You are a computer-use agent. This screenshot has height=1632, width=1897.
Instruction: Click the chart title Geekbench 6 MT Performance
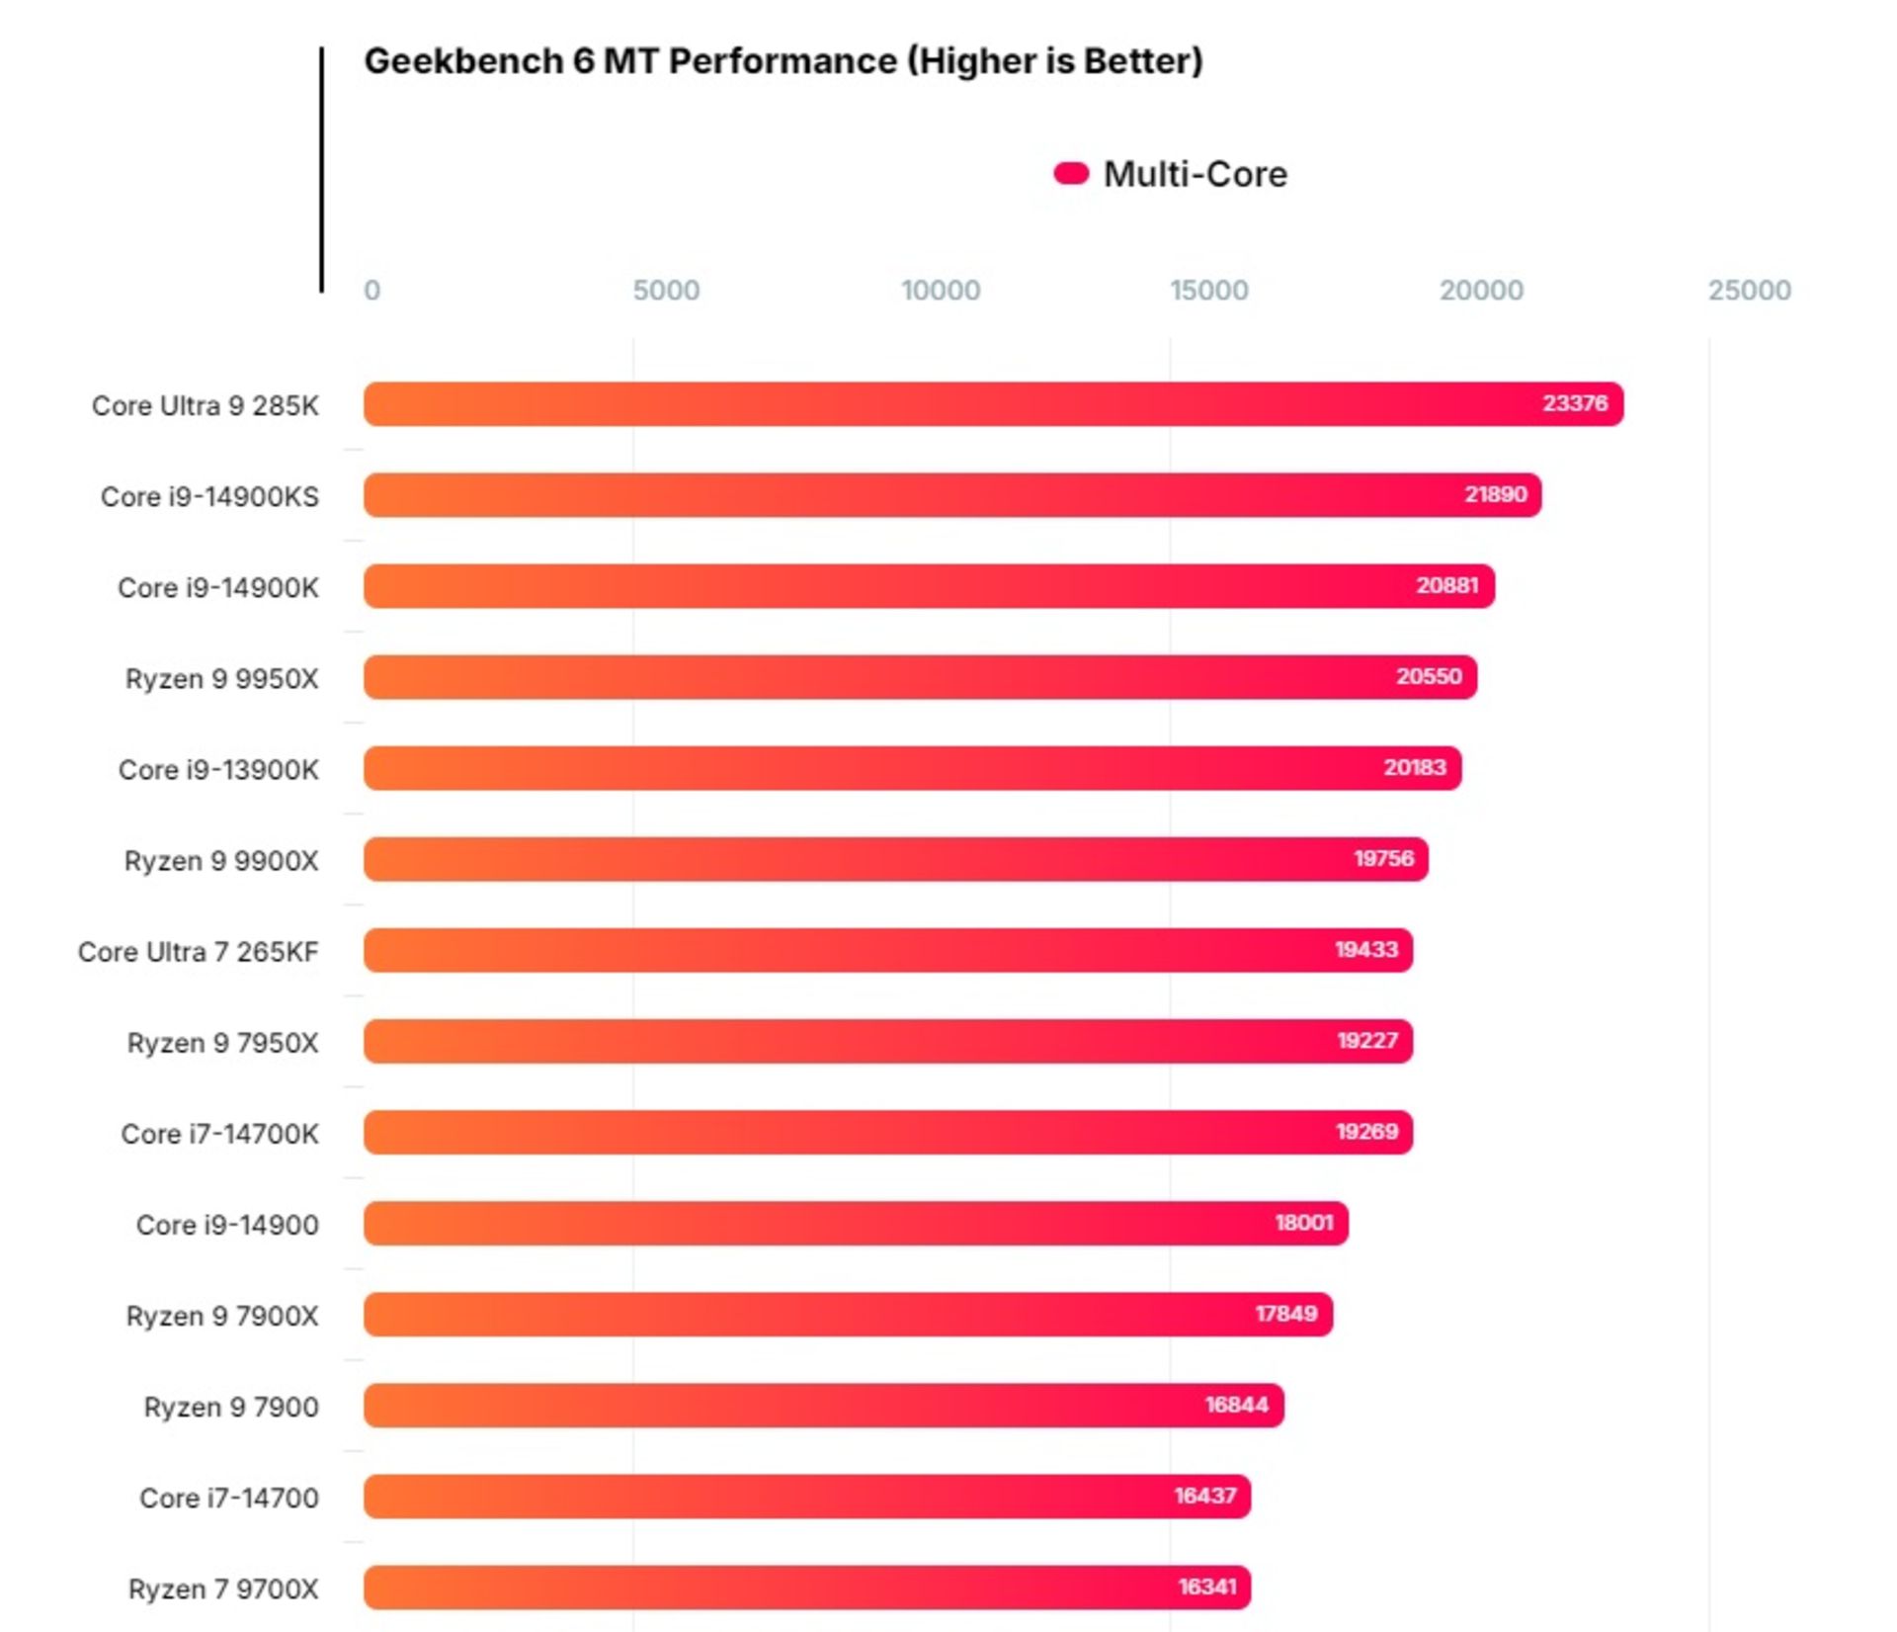[x=783, y=61]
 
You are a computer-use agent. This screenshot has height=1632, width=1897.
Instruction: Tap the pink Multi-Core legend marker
[x=1071, y=174]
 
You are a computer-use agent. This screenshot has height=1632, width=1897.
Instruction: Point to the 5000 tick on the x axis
[x=666, y=290]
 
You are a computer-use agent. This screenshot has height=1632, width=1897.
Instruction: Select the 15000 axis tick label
[x=1208, y=290]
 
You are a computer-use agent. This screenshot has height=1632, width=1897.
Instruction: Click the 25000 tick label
[x=1749, y=290]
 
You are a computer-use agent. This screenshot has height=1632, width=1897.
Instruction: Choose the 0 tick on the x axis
[x=371, y=290]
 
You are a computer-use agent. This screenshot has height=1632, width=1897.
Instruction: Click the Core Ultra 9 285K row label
[x=206, y=405]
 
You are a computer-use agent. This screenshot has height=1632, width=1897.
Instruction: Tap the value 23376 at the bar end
[x=1575, y=403]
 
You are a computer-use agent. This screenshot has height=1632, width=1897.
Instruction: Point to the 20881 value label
[x=1447, y=585]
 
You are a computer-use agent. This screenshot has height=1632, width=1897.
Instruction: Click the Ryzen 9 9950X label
[x=222, y=679]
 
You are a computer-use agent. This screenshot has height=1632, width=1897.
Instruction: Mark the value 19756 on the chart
[x=1383, y=858]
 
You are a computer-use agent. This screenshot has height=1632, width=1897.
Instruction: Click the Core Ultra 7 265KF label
[x=199, y=952]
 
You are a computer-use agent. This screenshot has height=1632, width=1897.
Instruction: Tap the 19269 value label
[x=1366, y=1132]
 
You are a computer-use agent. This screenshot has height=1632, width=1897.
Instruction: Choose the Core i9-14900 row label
[x=227, y=1225]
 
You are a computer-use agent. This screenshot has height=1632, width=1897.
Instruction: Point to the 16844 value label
[x=1236, y=1405]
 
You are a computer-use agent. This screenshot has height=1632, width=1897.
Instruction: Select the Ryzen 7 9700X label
[x=223, y=1589]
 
